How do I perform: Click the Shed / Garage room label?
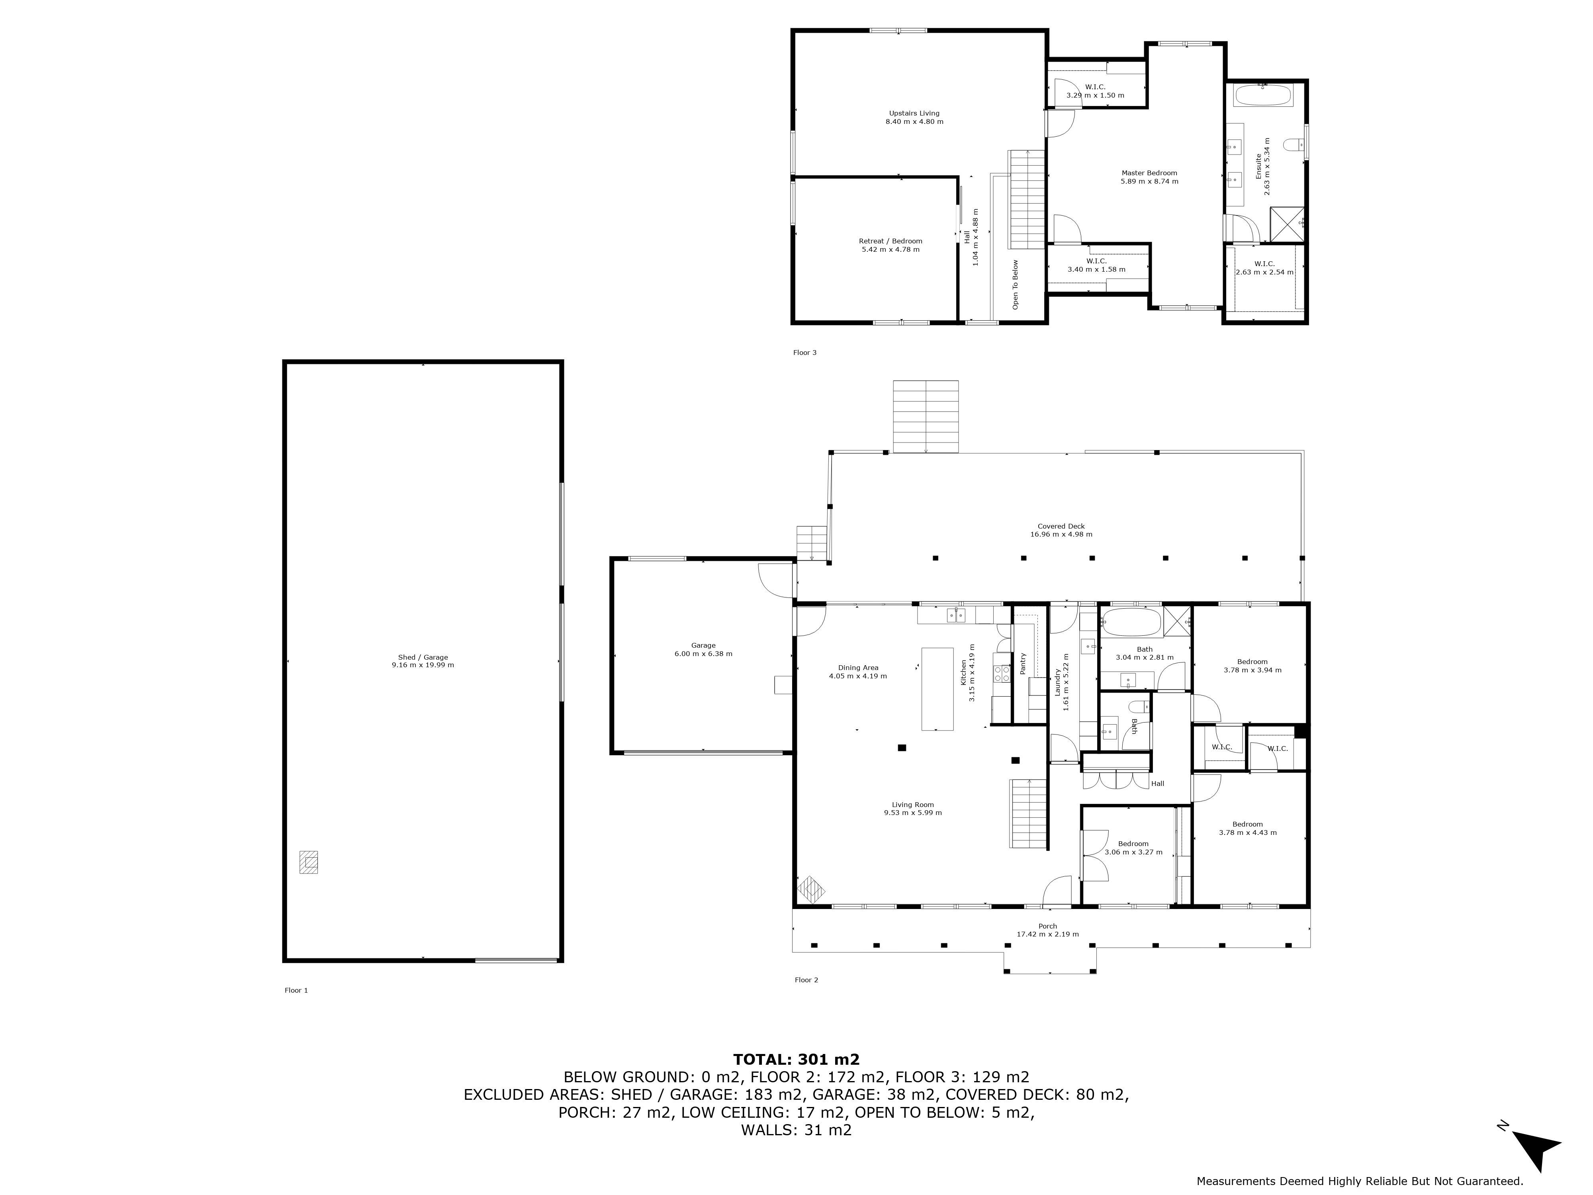pyautogui.click(x=423, y=657)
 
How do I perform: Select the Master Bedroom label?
pyautogui.click(x=1149, y=173)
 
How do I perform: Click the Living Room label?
pyautogui.click(x=912, y=805)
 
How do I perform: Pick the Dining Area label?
pyautogui.click(x=858, y=668)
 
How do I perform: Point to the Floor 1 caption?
pyautogui.click(x=296, y=990)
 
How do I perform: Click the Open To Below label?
pyautogui.click(x=1016, y=284)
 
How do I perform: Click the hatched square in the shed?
pyautogui.click(x=308, y=862)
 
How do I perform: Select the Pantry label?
pyautogui.click(x=1023, y=663)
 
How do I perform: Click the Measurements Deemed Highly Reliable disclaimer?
pyautogui.click(x=1360, y=1181)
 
